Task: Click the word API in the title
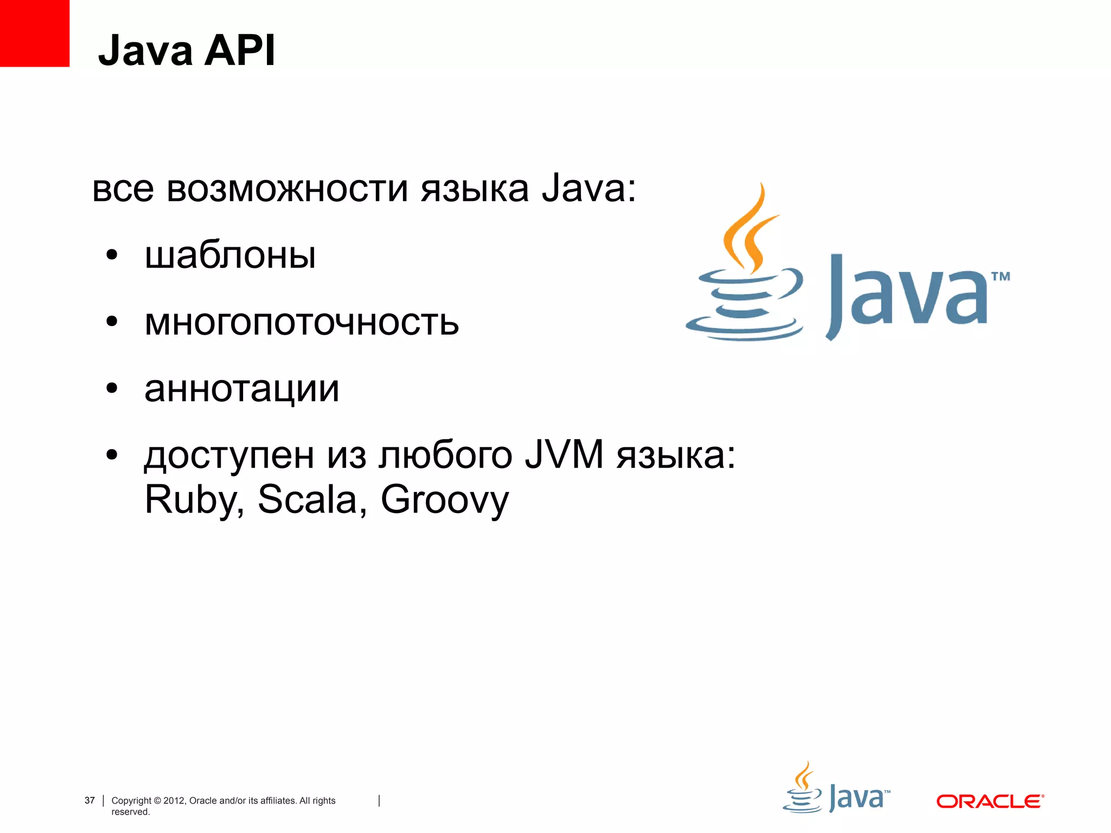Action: pyautogui.click(x=240, y=50)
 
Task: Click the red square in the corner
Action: pyautogui.click(x=34, y=33)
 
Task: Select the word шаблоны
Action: pyautogui.click(x=230, y=256)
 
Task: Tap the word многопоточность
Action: pyautogui.click(x=302, y=323)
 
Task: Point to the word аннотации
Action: pyautogui.click(x=241, y=389)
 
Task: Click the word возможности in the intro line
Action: pyautogui.click(x=288, y=189)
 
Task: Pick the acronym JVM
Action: pyautogui.click(x=564, y=454)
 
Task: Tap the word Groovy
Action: pyautogui.click(x=445, y=500)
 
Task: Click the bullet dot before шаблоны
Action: pyautogui.click(x=112, y=255)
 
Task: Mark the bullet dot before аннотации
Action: pyautogui.click(x=112, y=388)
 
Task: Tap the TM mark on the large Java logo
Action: pyautogui.click(x=1000, y=277)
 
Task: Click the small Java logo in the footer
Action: pyautogui.click(x=836, y=789)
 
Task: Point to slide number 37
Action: pyautogui.click(x=90, y=800)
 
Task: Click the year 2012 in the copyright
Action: pyautogui.click(x=174, y=800)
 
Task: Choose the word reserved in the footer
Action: pyautogui.click(x=130, y=812)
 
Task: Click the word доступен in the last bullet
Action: pyautogui.click(x=229, y=456)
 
